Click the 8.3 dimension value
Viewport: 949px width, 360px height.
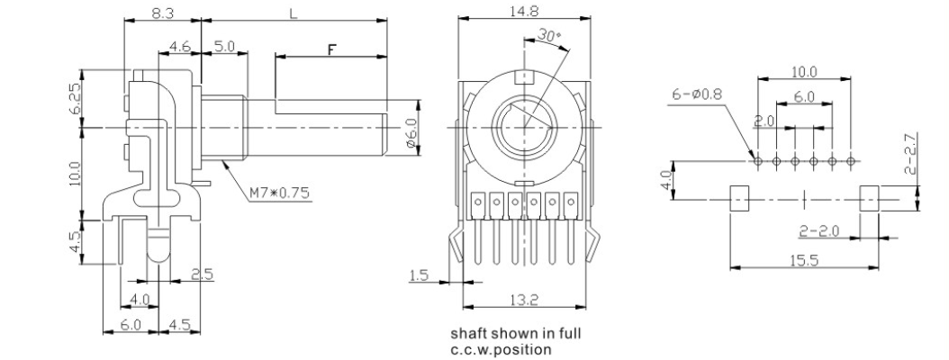tap(163, 12)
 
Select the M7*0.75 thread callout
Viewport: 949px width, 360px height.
tap(280, 193)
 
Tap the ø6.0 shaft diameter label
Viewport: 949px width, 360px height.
tap(411, 133)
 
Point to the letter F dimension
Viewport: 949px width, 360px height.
tap(331, 49)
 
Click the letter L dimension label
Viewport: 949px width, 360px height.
tap(294, 13)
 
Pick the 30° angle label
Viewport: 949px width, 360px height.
tap(549, 36)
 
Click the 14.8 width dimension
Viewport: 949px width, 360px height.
tap(524, 11)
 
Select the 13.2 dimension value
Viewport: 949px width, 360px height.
tap(524, 300)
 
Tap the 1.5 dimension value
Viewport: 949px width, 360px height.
tap(419, 276)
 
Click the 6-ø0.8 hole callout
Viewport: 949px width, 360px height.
tap(697, 94)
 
